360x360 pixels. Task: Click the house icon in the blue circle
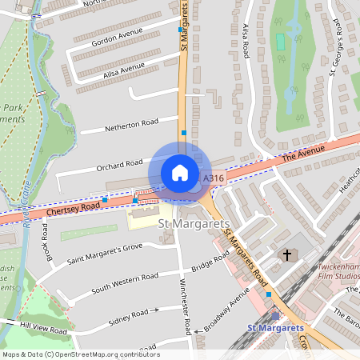[x=180, y=172]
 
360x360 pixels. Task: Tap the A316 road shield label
[x=214, y=178]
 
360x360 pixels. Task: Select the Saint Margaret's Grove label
[x=104, y=254]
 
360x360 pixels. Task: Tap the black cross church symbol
[x=286, y=254]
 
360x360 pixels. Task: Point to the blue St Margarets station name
[x=275, y=328]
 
